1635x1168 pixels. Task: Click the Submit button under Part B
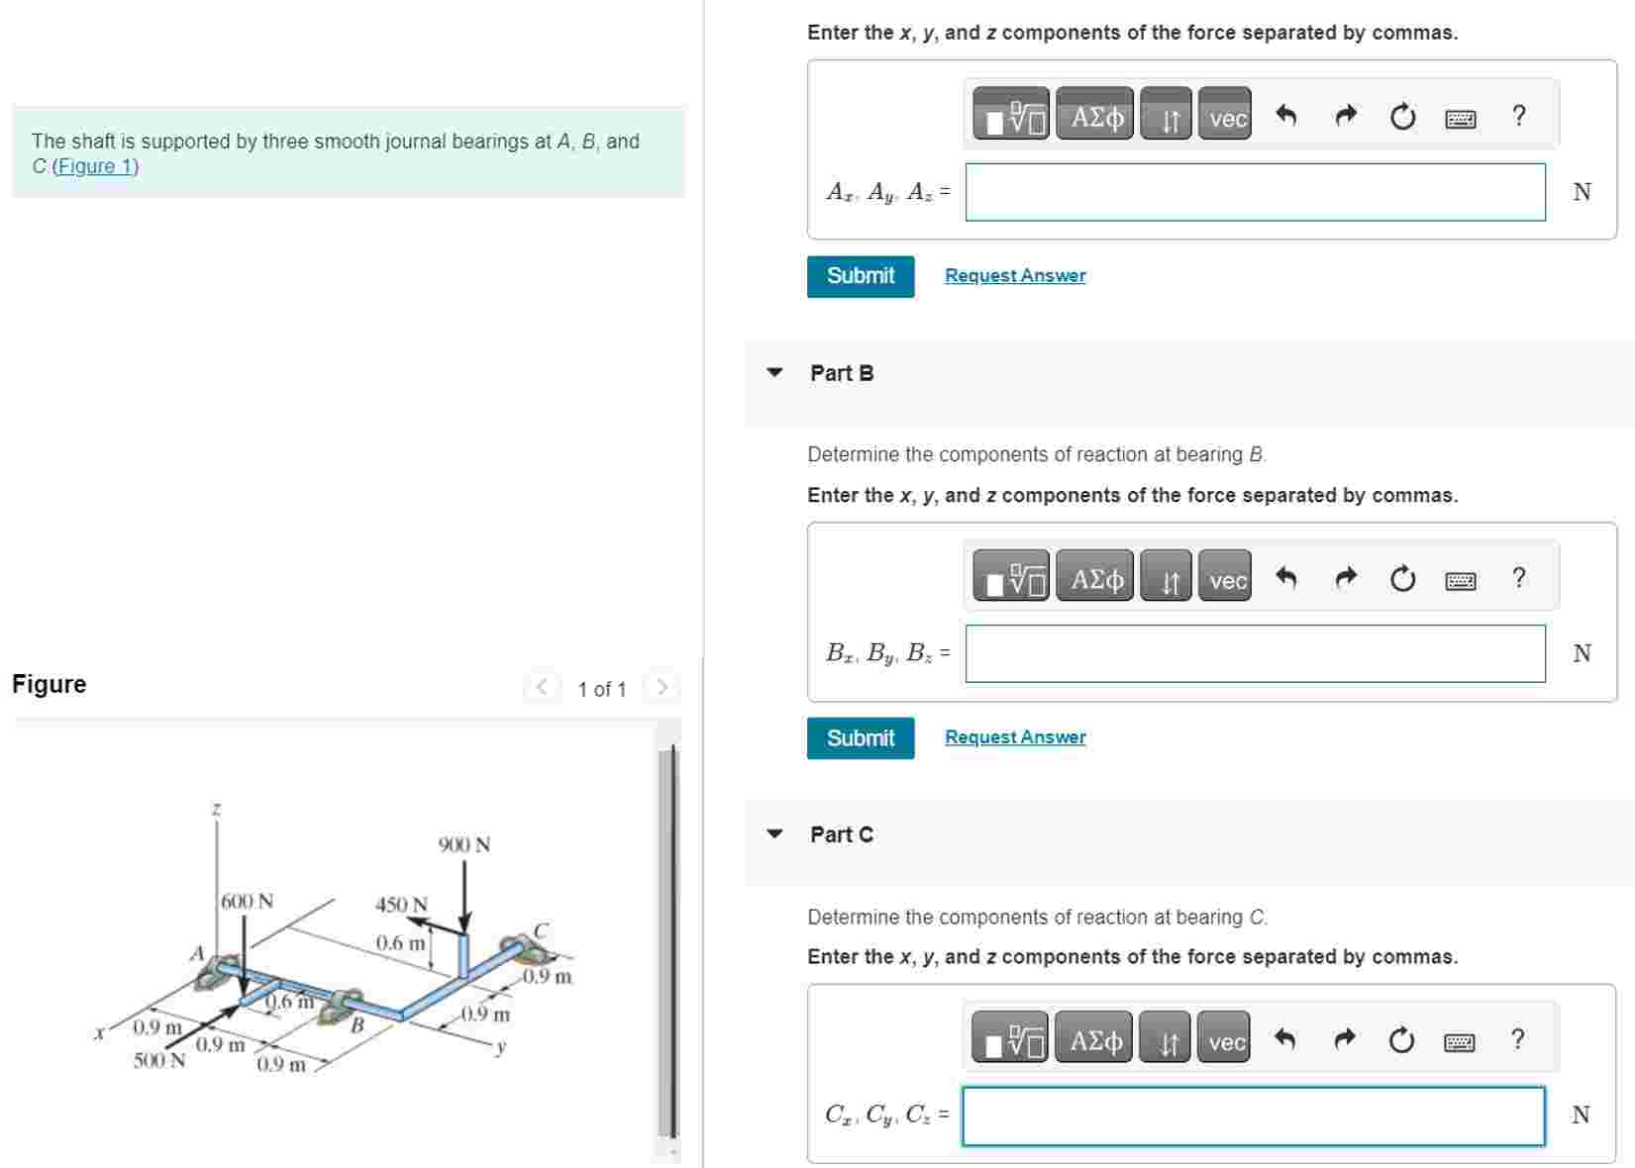coord(860,738)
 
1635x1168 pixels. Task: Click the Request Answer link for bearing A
coord(1015,275)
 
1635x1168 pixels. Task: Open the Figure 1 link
coord(95,166)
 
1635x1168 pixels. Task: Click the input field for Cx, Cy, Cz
coord(1253,1116)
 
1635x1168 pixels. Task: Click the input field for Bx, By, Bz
coord(1255,653)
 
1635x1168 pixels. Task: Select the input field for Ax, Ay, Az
coord(1255,192)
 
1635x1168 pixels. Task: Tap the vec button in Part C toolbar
coord(1226,1041)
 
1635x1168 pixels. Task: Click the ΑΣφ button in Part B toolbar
coord(1096,579)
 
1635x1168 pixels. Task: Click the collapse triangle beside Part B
coord(774,373)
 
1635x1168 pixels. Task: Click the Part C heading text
coord(842,834)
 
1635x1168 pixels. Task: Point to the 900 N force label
coord(464,844)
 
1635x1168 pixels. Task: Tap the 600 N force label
coord(248,902)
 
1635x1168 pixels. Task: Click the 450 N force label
coord(401,905)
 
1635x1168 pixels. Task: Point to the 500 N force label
coord(159,1061)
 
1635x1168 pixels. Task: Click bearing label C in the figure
coord(541,930)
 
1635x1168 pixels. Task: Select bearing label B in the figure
coord(358,1024)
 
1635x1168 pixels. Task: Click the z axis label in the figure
coord(216,810)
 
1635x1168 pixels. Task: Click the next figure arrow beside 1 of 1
coord(662,687)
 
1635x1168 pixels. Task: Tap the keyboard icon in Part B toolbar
coord(1460,580)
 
